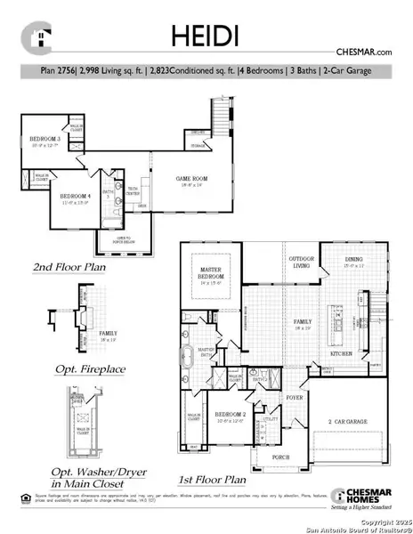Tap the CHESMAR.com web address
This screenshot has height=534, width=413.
pos(363,53)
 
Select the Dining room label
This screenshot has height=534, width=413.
pos(355,263)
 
